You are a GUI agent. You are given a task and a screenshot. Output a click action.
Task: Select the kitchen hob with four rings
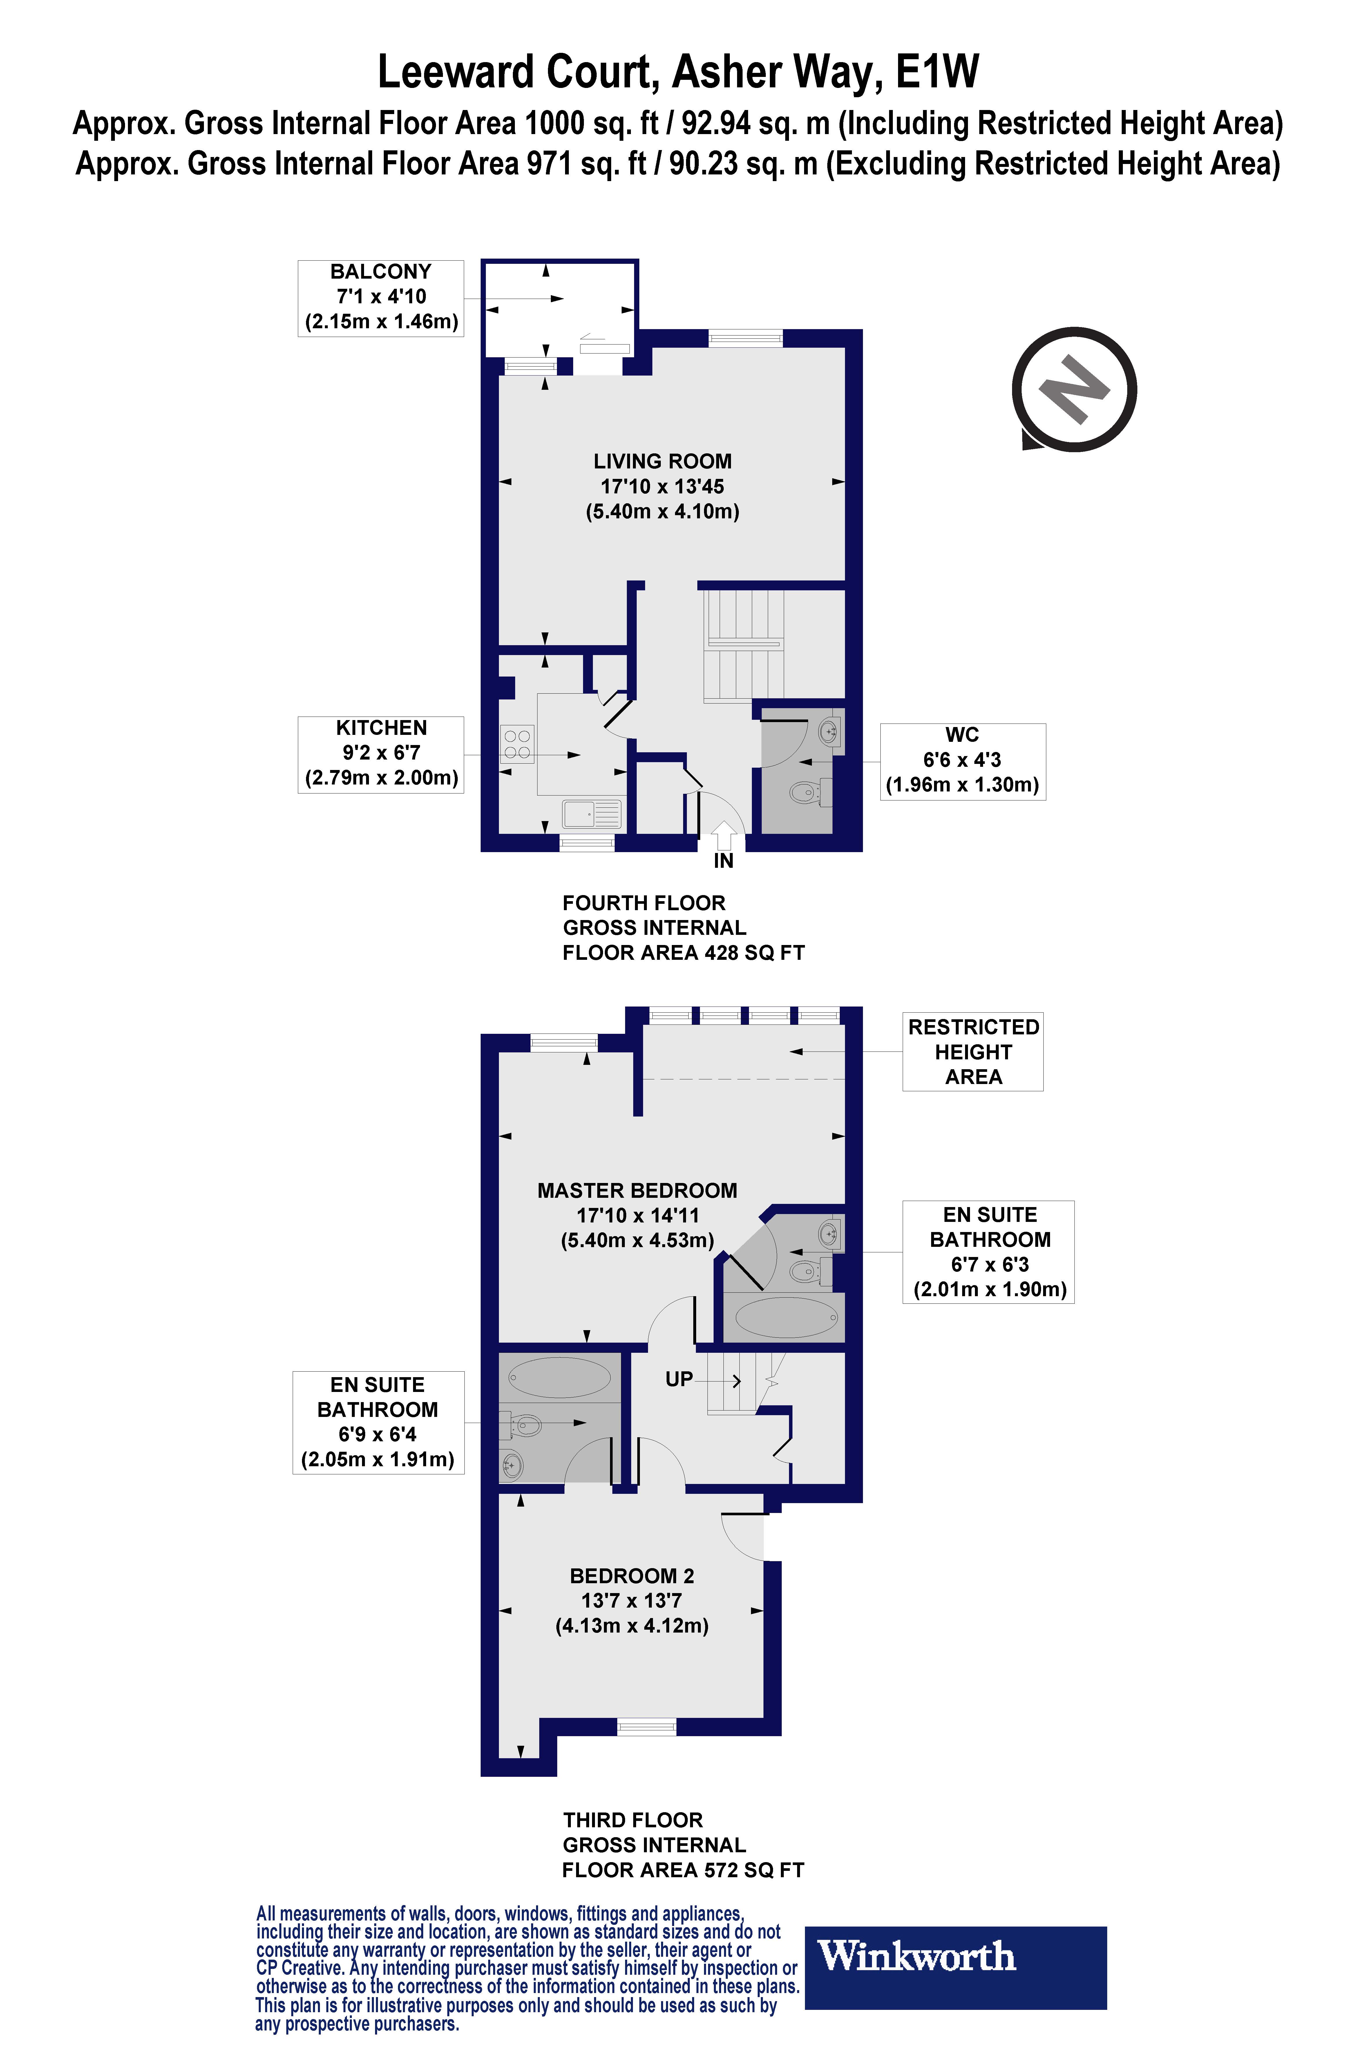(516, 745)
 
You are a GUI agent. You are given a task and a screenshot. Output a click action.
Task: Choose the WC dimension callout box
(963, 760)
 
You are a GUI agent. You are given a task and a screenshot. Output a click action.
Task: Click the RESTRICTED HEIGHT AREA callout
(973, 1052)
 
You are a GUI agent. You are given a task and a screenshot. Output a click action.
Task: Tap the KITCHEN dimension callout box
(381, 753)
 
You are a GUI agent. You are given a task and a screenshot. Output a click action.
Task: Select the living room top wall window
(745, 338)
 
